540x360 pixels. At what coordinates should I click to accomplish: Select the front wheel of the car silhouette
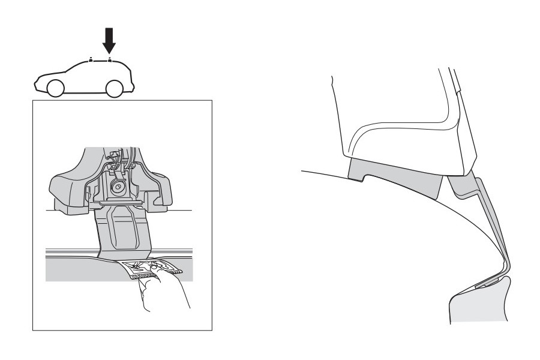[55, 88]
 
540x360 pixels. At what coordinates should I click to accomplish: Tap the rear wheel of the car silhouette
[115, 88]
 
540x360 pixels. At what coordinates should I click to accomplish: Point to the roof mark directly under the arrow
[109, 60]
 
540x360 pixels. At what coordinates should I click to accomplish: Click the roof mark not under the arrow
[91, 60]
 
